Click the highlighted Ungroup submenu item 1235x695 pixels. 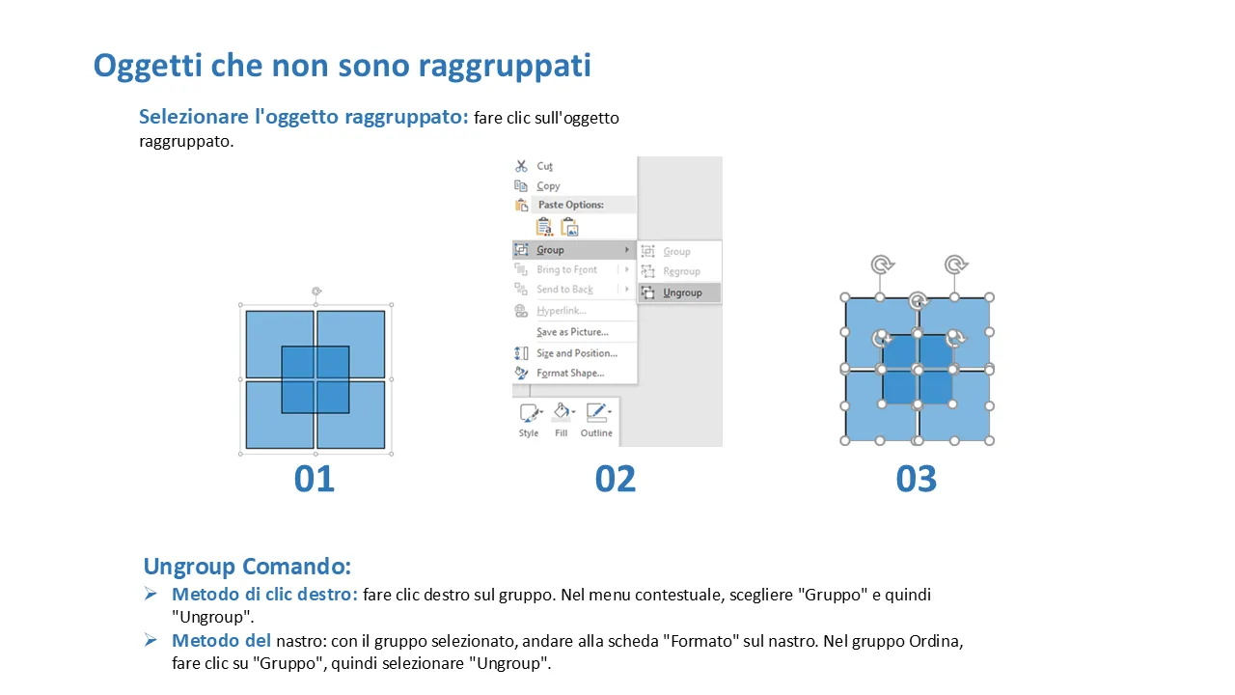(679, 292)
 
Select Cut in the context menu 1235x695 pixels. (544, 166)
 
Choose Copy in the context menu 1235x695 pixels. (548, 186)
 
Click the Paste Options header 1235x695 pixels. (570, 205)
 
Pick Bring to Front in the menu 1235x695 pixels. (566, 269)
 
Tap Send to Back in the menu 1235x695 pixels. (564, 290)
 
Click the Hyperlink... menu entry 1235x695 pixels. (561, 311)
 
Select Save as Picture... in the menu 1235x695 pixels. (572, 332)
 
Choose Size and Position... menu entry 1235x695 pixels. (577, 353)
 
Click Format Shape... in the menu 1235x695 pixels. (570, 373)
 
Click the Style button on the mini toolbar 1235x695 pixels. (530, 420)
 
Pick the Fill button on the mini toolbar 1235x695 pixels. (563, 420)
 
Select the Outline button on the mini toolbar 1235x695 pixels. (596, 420)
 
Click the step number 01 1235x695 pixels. (315, 478)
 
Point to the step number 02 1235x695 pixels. (616, 478)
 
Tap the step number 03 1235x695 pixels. (917, 478)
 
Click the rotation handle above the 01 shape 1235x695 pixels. (316, 291)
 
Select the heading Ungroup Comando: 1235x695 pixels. (247, 567)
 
